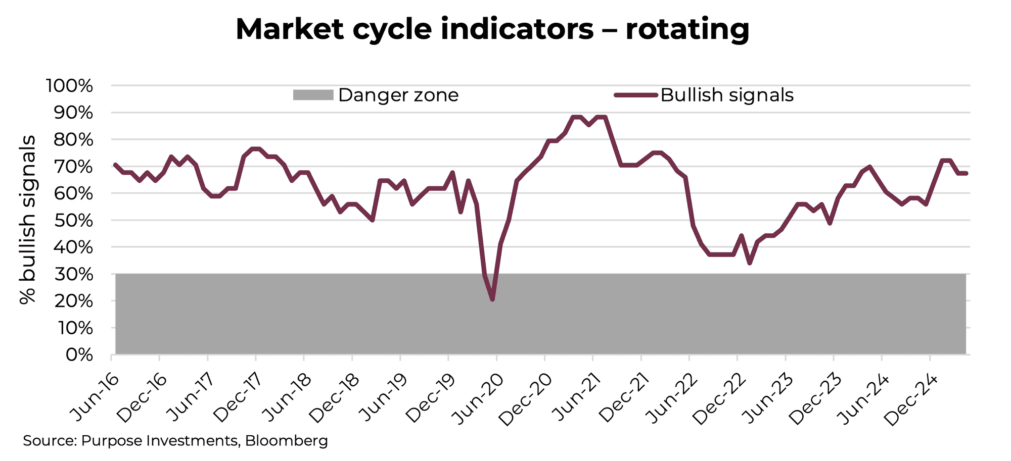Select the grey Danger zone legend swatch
pyautogui.click(x=313, y=95)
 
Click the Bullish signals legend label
pyautogui.click(x=726, y=95)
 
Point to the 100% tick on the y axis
pyautogui.click(x=70, y=86)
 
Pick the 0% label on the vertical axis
pyautogui.click(x=79, y=355)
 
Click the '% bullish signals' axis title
pyautogui.click(x=28, y=220)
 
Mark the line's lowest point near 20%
pyautogui.click(x=492, y=300)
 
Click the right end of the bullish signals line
pyautogui.click(x=966, y=173)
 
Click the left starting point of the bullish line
pyautogui.click(x=115, y=164)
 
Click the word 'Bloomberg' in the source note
pyautogui.click(x=287, y=441)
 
